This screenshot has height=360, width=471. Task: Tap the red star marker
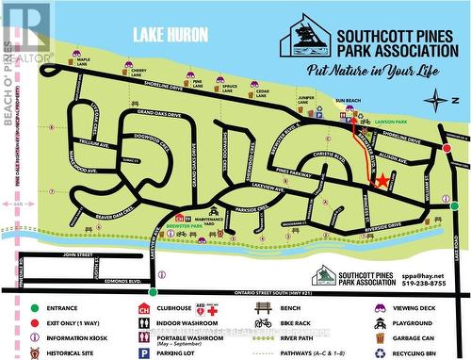[x=382, y=181]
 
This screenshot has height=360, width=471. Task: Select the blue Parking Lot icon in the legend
[x=144, y=352]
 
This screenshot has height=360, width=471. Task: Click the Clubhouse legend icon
[x=144, y=308]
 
